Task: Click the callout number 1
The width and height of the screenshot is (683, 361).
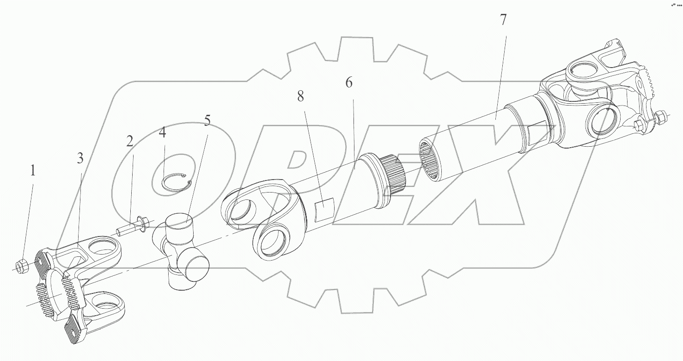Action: pos(32,171)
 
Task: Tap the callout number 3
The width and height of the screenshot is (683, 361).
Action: pos(80,158)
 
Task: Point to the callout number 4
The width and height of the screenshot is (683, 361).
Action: pos(162,133)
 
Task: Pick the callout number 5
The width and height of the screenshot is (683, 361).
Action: pos(207,121)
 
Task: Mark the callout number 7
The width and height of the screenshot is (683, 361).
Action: pos(503,20)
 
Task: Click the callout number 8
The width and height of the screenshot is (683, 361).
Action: pos(301,96)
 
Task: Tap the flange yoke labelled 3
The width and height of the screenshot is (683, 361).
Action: pos(83,287)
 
